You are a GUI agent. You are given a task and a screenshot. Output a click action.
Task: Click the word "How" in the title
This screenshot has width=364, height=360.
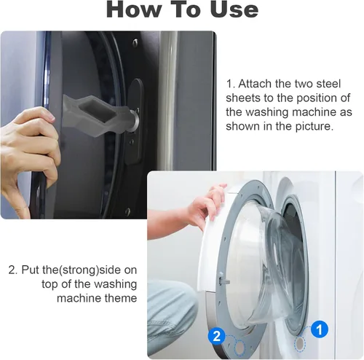coord(134,9)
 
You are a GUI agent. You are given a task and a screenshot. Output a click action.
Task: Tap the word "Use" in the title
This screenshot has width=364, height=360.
coord(234,9)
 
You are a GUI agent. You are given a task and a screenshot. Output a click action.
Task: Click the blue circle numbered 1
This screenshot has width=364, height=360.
coord(319,329)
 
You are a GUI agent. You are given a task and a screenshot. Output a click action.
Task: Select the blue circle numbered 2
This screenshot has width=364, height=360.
coord(216,336)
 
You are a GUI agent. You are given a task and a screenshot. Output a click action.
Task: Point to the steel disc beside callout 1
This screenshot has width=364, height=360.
coord(300,343)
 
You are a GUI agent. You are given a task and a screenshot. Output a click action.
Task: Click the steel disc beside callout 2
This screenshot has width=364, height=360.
coord(240,348)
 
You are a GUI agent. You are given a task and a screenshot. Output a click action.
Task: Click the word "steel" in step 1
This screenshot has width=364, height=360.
coord(328,84)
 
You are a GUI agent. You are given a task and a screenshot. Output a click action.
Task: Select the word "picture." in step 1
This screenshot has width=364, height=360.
coord(314,126)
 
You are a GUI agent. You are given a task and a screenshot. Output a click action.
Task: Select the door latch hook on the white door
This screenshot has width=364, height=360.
coord(224,281)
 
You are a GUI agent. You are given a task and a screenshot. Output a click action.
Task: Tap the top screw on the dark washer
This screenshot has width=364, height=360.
coord(135,42)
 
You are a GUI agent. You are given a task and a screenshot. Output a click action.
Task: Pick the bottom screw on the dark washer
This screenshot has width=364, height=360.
coord(127,211)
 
